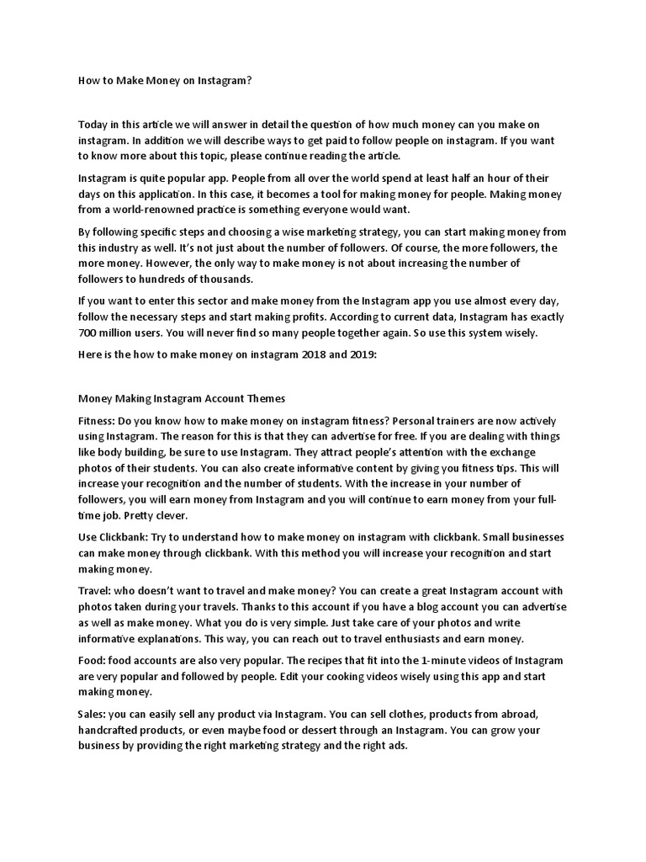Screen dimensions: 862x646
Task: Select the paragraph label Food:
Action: (x=93, y=660)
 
